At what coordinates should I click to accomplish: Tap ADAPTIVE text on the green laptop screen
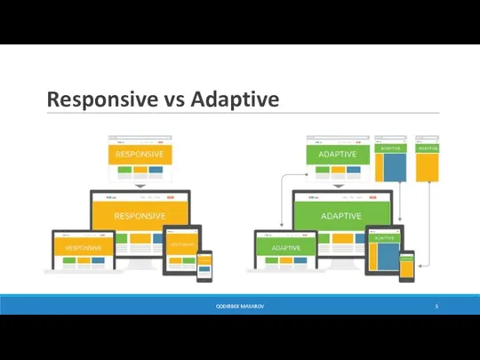click(x=284, y=247)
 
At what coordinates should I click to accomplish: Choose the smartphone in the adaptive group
click(x=406, y=266)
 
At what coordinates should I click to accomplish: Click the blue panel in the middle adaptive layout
click(x=392, y=167)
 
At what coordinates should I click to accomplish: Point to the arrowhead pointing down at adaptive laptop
click(x=282, y=225)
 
